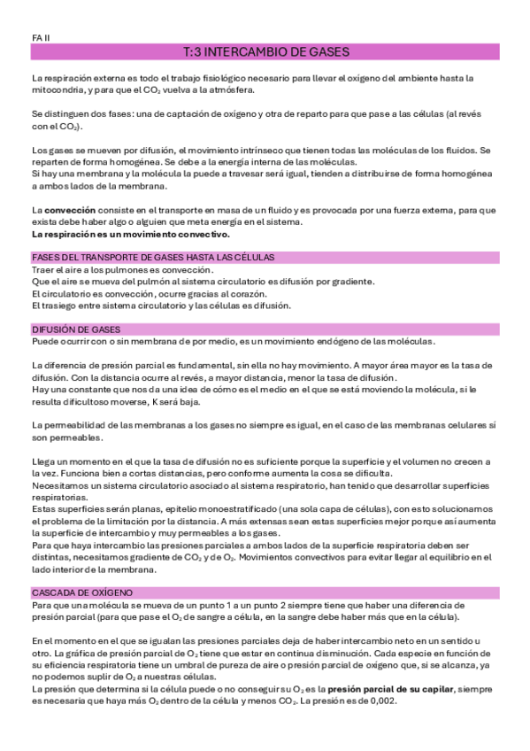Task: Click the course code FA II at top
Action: point(41,37)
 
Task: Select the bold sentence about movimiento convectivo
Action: point(130,235)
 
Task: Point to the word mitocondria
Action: point(58,90)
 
